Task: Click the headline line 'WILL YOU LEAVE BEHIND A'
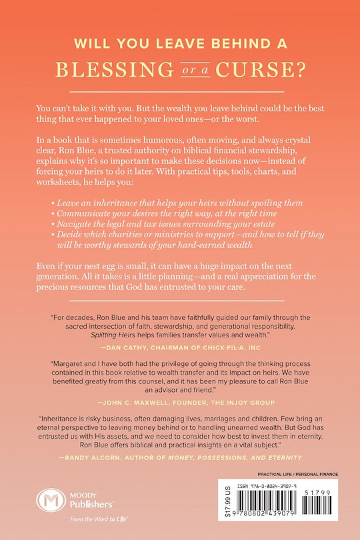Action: coord(180,45)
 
